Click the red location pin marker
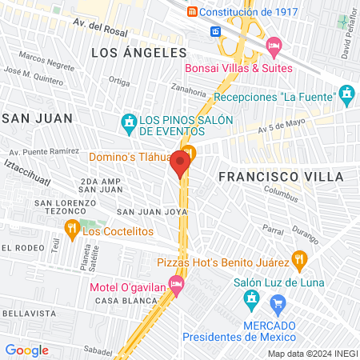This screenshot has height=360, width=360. pos(179,163)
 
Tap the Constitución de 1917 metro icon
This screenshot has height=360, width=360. pos(192,12)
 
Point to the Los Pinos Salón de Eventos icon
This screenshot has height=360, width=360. pos(128,122)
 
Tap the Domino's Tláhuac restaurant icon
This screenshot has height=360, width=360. pos(189,152)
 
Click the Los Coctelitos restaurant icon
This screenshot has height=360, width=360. pos(71,231)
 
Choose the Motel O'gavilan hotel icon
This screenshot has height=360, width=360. pos(177,283)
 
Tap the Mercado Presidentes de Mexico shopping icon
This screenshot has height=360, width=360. pos(278,303)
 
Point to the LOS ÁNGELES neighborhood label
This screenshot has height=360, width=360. pos(138,53)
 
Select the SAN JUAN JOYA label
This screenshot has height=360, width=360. pos(152,212)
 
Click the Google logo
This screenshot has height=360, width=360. pos(26,350)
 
